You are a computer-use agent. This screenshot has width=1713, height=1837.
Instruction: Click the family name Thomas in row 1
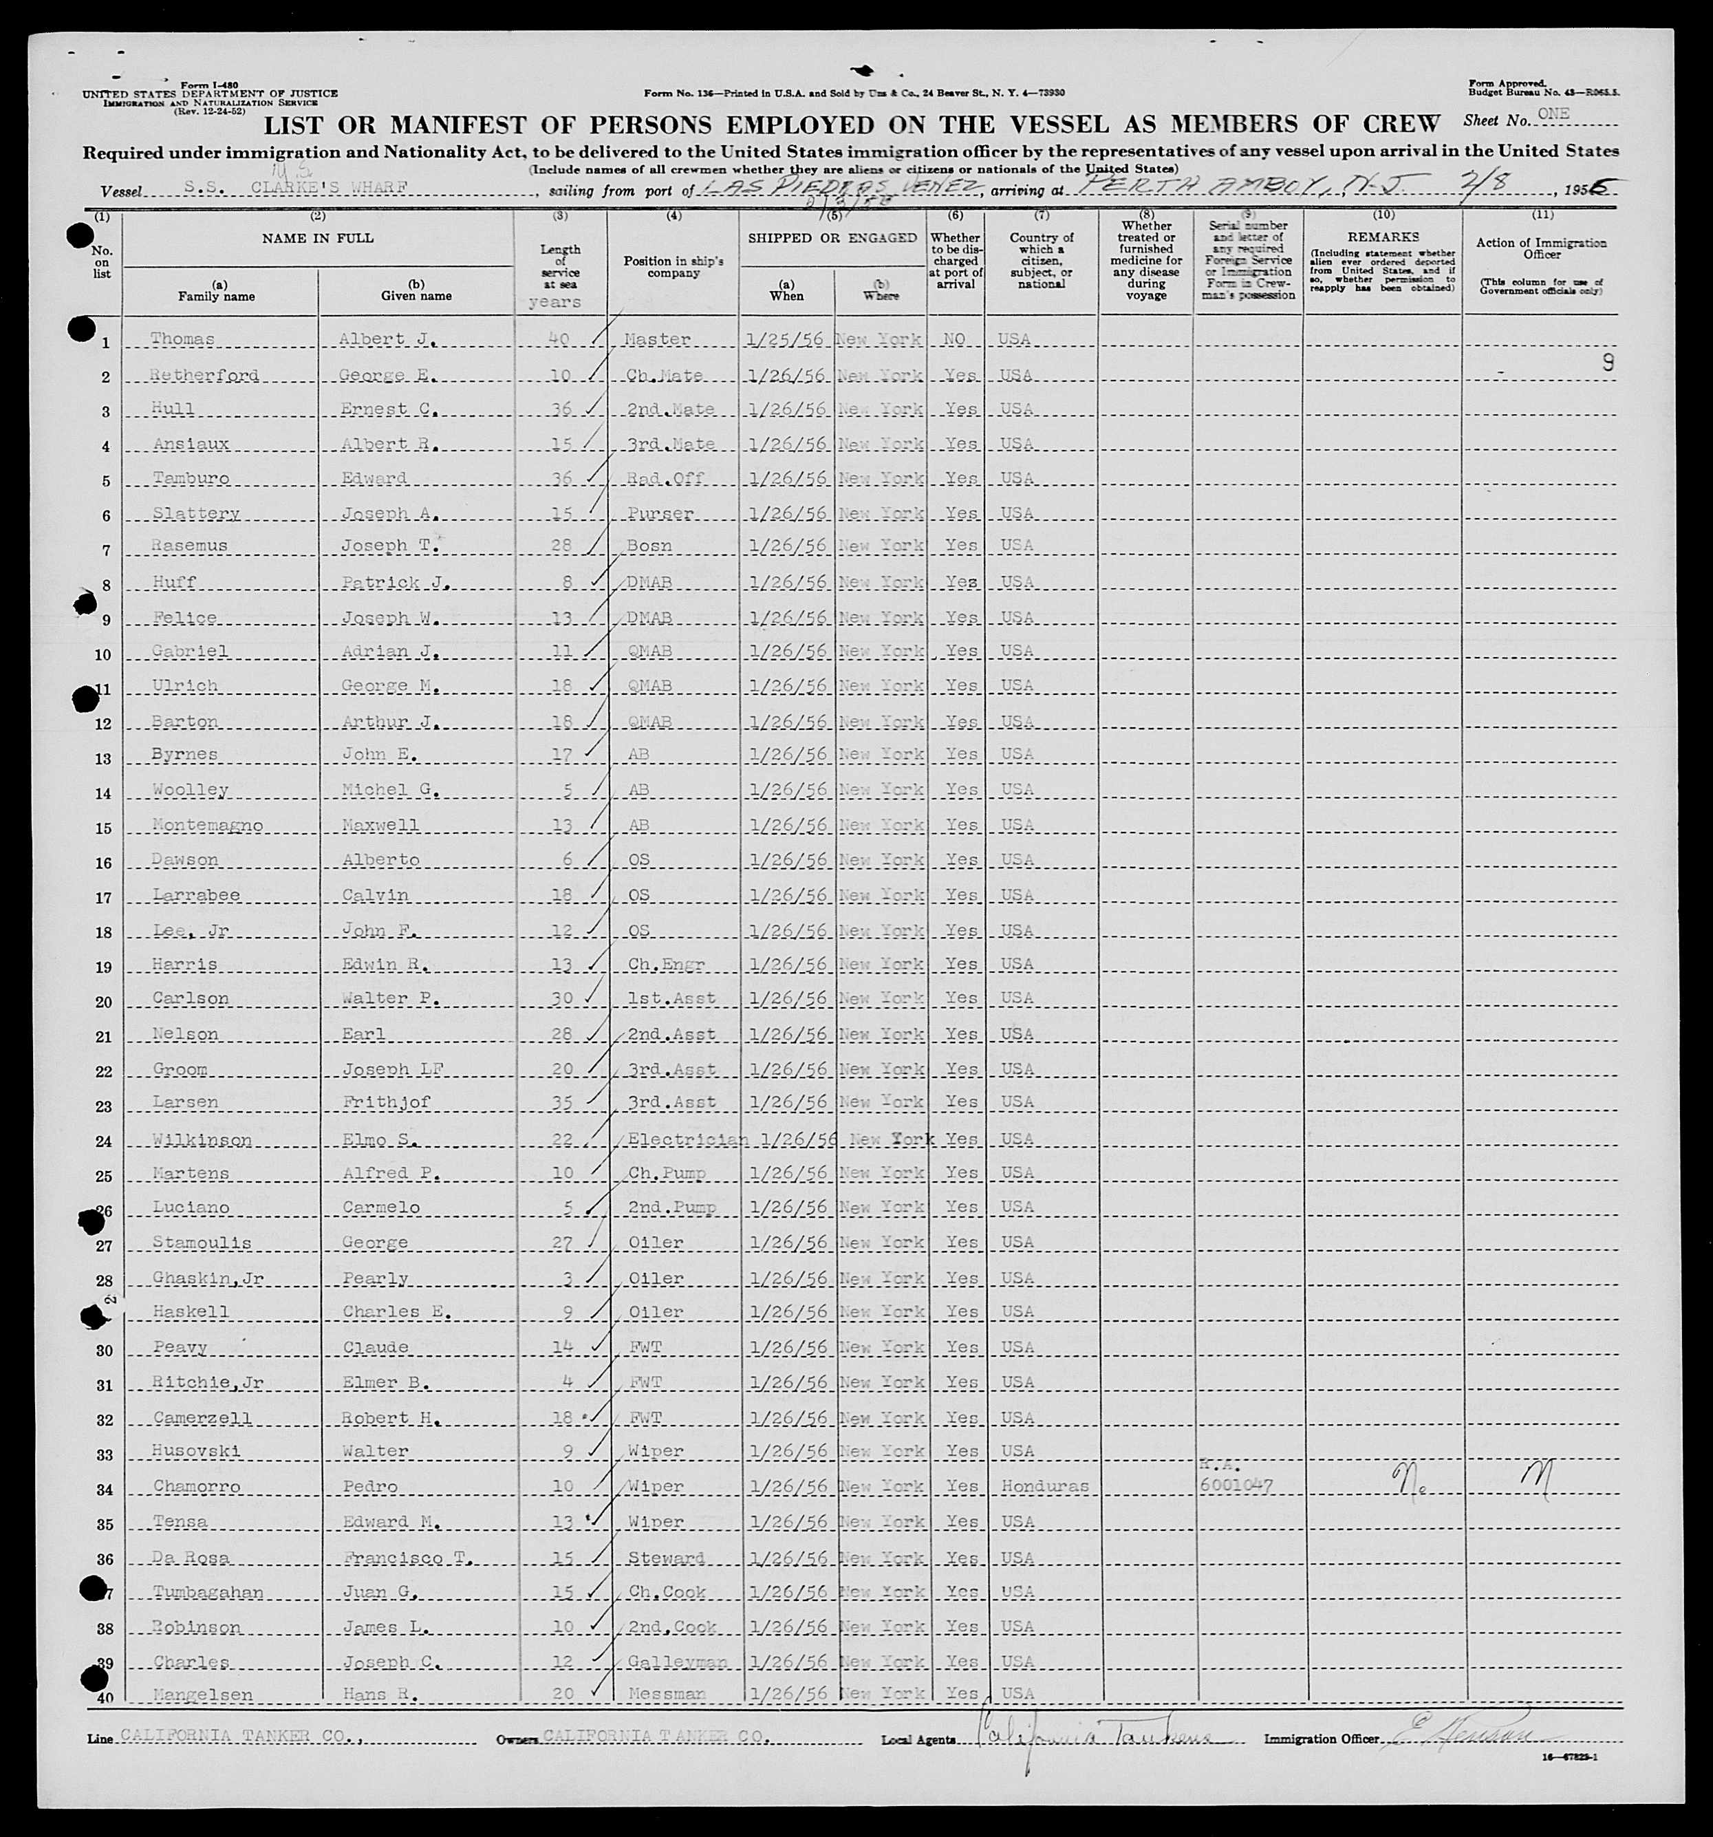click(183, 339)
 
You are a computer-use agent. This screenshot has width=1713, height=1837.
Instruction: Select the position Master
click(657, 339)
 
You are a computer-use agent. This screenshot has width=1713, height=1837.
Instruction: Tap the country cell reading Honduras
click(1043, 1487)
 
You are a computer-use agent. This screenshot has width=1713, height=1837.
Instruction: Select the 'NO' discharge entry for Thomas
click(954, 339)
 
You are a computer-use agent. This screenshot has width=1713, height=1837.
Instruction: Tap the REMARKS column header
click(1382, 237)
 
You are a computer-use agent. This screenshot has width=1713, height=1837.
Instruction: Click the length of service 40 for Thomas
click(560, 339)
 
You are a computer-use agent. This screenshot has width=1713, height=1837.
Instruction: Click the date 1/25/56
click(784, 339)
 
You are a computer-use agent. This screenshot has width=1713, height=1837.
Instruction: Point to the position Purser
click(660, 513)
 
